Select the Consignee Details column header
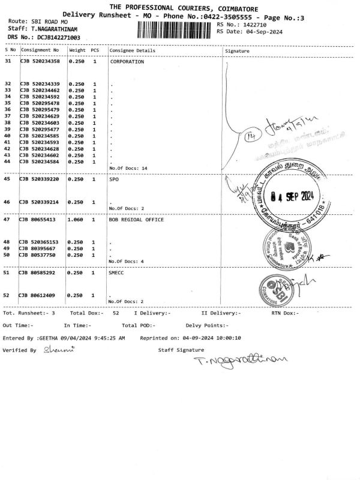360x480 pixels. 128,51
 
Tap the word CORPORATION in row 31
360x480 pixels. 127,62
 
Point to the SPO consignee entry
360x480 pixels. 114,179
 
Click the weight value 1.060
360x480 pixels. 77,220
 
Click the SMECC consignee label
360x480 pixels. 117,273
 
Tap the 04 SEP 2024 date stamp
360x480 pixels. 292,196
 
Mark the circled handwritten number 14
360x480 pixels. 250,137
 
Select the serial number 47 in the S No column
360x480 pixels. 8,220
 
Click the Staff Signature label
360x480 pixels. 178,349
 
